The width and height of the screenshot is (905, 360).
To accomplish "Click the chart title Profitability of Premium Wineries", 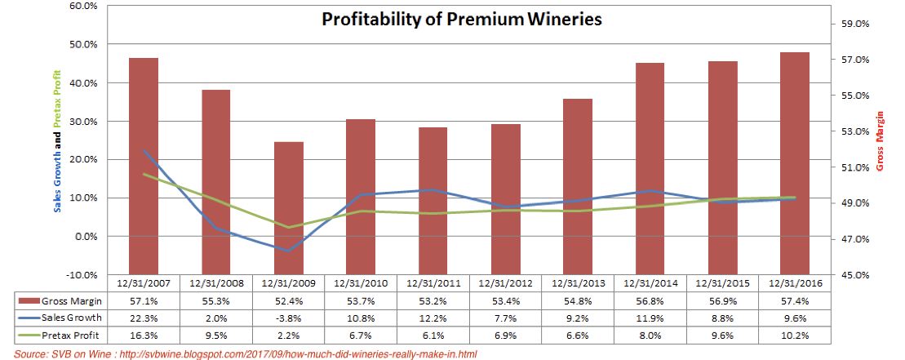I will coord(461,18).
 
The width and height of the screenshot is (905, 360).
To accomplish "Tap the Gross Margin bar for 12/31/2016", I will coord(794,163).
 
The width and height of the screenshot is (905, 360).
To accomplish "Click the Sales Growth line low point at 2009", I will coord(288,251).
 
